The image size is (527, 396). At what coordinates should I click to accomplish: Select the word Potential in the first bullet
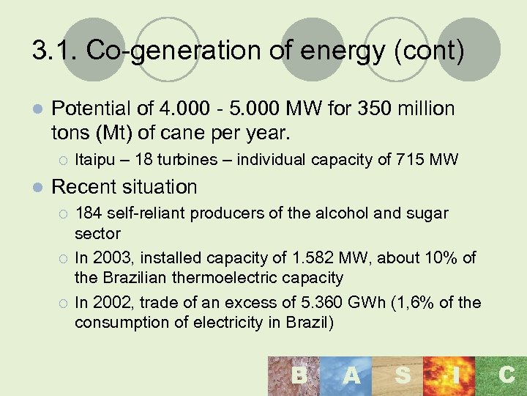pyautogui.click(x=91, y=109)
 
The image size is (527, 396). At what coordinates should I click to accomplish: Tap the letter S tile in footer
pyautogui.click(x=402, y=376)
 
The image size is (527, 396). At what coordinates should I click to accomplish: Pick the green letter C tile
pyautogui.click(x=506, y=376)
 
